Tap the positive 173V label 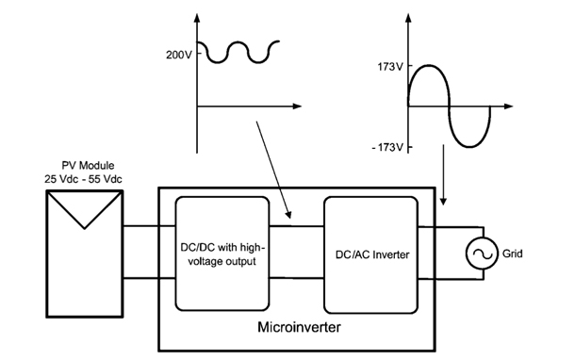[x=388, y=68]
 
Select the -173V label [x=386, y=148]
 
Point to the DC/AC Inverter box [x=369, y=254]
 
